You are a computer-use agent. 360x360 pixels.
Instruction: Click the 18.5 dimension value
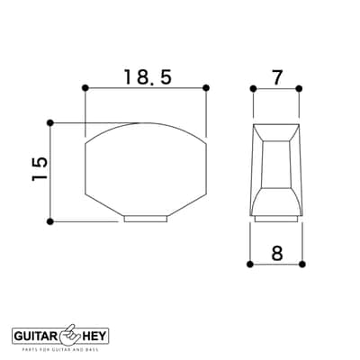[148, 76]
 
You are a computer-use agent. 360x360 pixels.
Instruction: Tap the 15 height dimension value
[40, 168]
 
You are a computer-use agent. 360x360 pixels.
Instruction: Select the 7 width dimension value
[276, 77]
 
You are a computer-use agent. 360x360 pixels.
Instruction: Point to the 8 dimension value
[277, 254]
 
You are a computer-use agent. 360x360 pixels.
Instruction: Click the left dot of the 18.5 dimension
[85, 88]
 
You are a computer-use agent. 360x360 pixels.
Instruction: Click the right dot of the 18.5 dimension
[206, 88]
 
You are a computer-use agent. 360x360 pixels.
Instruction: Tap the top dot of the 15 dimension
[50, 123]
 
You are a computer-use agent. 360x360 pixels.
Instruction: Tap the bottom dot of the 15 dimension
[50, 221]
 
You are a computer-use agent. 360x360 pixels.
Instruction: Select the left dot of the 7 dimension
[254, 88]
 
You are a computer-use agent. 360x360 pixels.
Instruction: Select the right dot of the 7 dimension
[299, 88]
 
